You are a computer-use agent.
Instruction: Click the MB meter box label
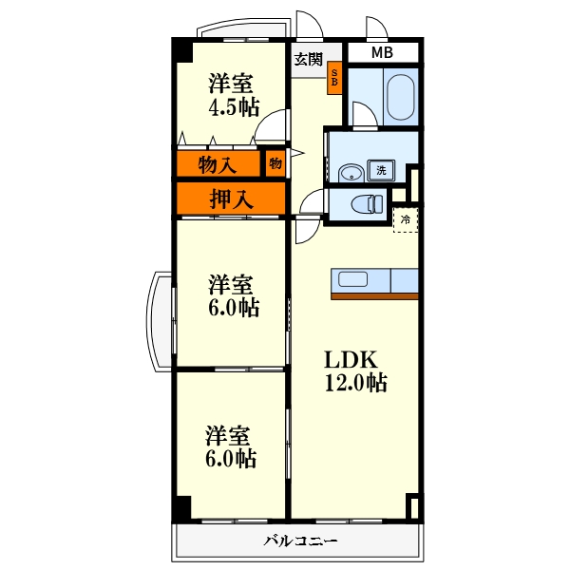[382, 52]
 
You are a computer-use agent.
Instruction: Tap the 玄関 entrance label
[308, 59]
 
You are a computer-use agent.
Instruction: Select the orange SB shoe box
[334, 78]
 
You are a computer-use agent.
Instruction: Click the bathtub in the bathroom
[400, 97]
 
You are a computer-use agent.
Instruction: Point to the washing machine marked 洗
[381, 170]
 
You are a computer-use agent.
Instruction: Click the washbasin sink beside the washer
[351, 174]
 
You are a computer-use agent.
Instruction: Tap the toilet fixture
[367, 204]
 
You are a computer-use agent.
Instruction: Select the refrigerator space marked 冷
[406, 220]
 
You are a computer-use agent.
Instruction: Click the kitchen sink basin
[352, 279]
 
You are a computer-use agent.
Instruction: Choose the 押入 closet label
[231, 199]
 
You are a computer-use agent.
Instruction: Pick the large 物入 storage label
[218, 165]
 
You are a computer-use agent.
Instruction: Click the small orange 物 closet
[275, 163]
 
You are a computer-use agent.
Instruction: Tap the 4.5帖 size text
[234, 107]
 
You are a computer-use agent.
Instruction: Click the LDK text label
[351, 359]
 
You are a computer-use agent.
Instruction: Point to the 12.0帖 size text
[356, 383]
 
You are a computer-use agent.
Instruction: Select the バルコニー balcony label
[300, 541]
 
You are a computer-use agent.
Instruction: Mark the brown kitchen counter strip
[374, 296]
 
